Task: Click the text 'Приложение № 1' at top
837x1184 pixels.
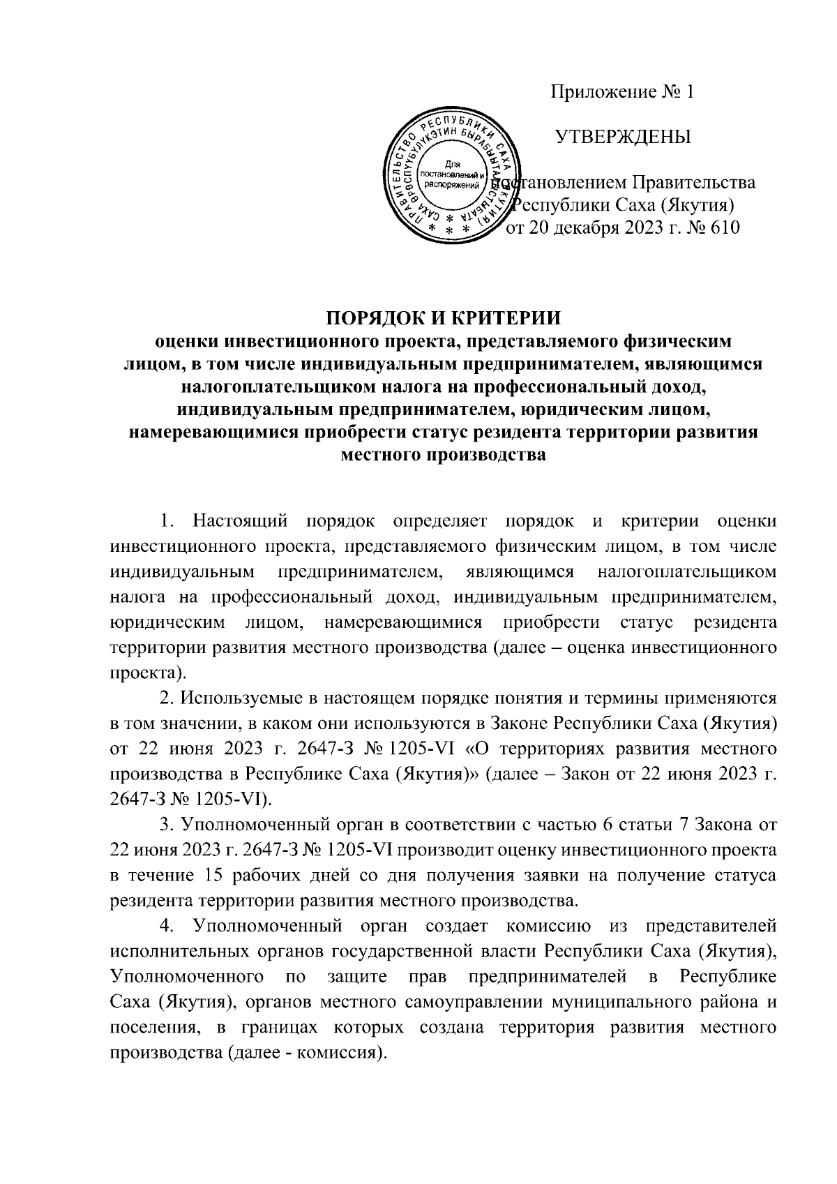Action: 623,92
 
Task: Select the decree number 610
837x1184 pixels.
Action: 723,227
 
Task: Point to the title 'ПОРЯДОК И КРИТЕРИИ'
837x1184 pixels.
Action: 444,318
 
